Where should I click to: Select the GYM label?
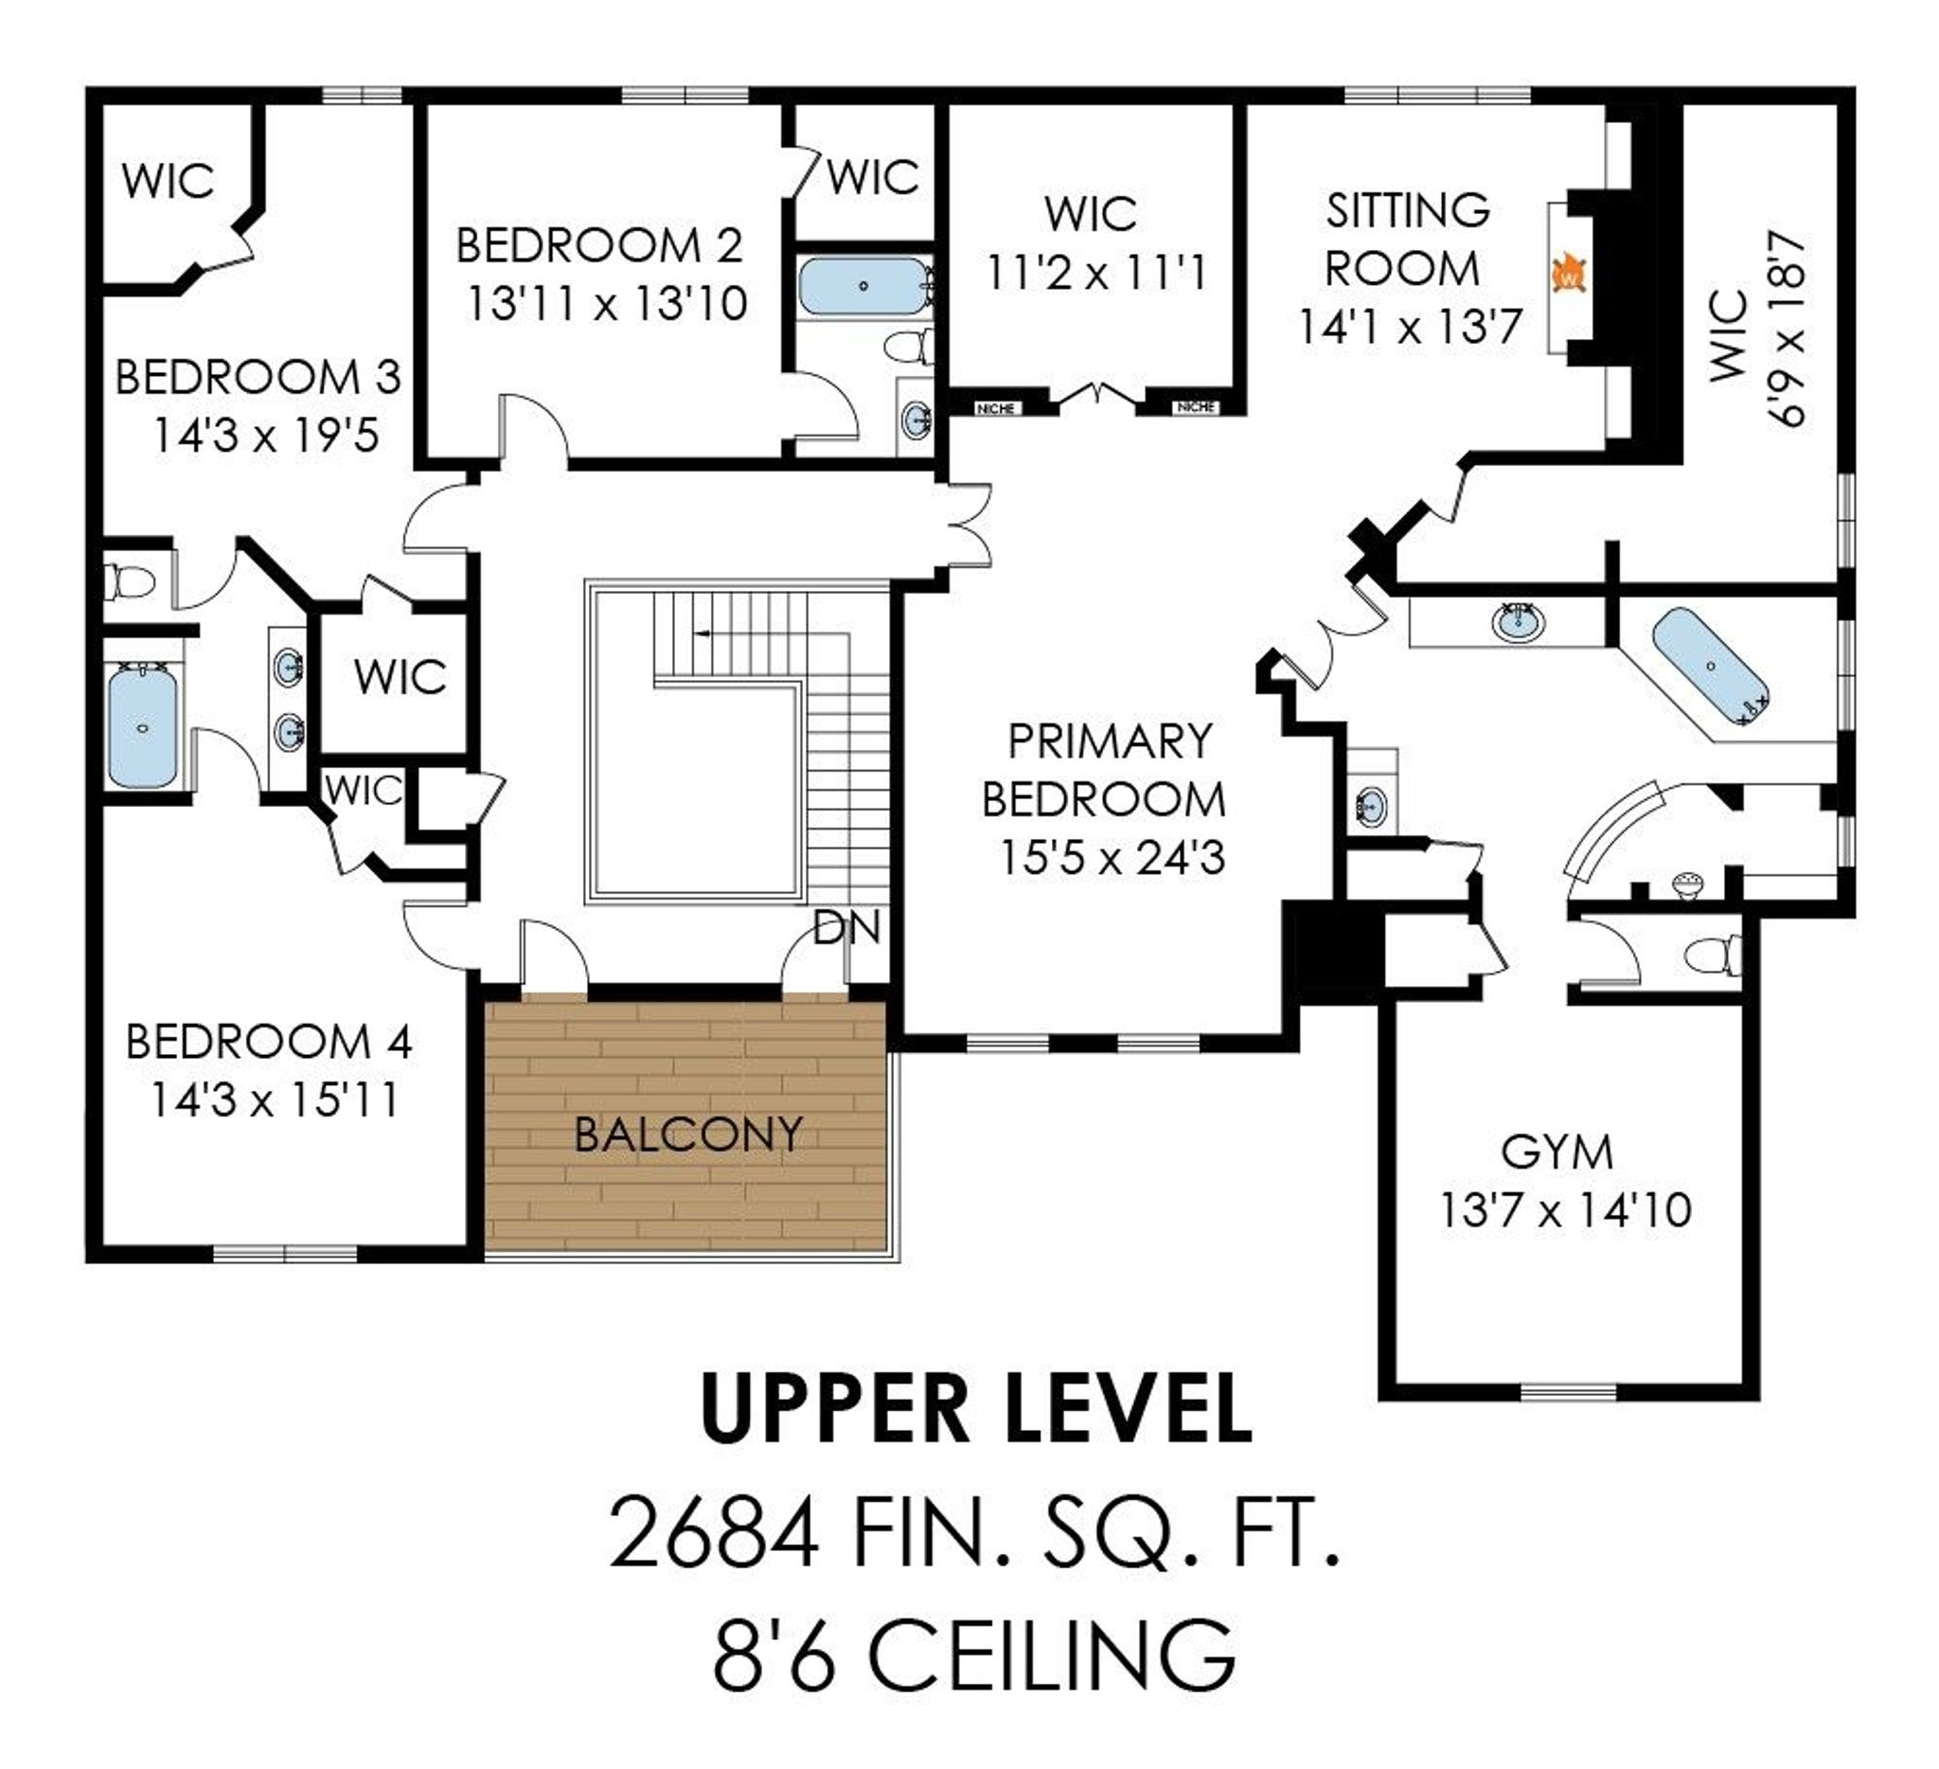(1557, 1152)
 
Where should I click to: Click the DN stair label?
(846, 927)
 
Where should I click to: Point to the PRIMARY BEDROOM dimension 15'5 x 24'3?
(1112, 857)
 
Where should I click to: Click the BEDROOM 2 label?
(599, 245)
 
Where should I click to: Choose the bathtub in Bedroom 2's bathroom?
(863, 286)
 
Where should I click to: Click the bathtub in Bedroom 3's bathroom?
(142, 726)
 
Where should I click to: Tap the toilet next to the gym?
(1713, 956)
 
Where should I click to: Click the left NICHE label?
(995, 409)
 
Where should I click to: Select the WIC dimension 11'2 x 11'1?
(1095, 273)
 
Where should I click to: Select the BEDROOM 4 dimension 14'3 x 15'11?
(275, 1099)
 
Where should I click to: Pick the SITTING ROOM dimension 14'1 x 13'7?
(1410, 326)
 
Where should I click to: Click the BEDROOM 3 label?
(258, 376)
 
